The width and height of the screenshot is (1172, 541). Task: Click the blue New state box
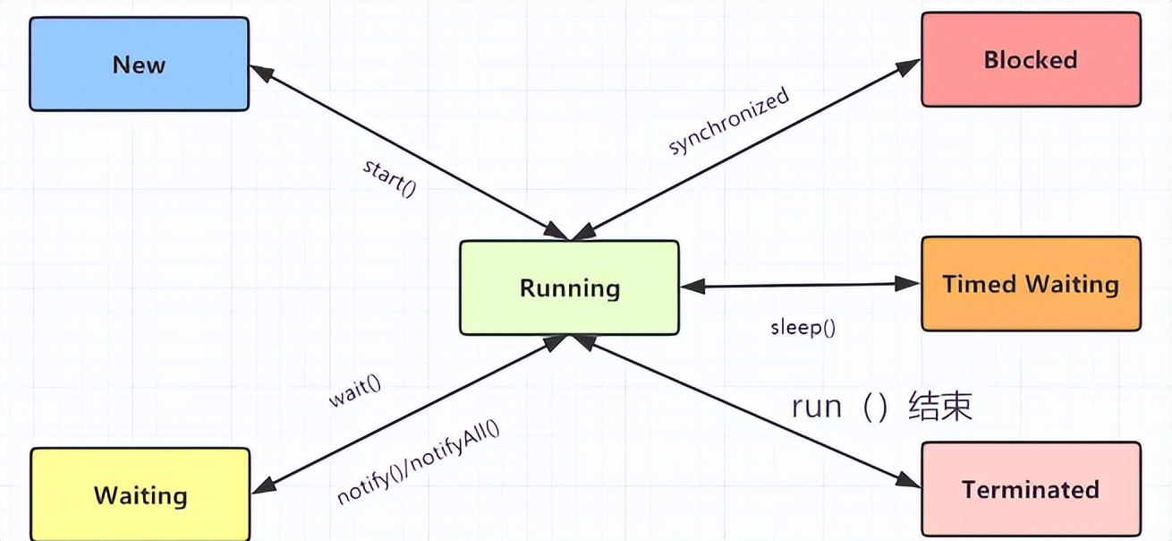click(139, 64)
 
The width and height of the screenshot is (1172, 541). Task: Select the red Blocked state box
click(1031, 60)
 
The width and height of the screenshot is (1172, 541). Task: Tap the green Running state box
click(569, 288)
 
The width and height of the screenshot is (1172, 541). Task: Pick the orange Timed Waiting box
click(1031, 285)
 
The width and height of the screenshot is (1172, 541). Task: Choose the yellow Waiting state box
click(140, 495)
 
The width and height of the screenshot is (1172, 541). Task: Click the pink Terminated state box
click(1031, 490)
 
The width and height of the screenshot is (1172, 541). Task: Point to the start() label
click(390, 178)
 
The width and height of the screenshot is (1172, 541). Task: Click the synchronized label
click(729, 121)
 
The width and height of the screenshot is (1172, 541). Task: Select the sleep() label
click(803, 327)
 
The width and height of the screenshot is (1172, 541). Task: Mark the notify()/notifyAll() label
click(418, 461)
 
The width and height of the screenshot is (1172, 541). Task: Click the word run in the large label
click(817, 407)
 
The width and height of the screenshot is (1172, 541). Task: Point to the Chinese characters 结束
click(939, 407)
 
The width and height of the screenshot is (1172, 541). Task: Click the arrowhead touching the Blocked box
click(911, 64)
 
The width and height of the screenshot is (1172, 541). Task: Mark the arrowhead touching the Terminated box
click(911, 484)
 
